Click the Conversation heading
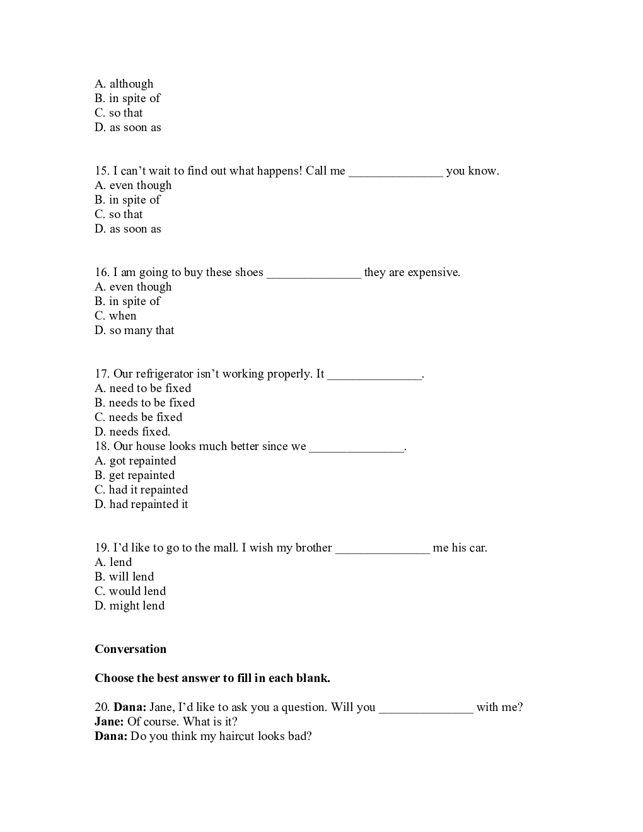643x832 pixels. click(130, 649)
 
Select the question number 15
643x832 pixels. click(101, 171)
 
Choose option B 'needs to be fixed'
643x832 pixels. click(144, 403)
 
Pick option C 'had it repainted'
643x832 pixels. click(141, 490)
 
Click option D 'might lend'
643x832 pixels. click(129, 606)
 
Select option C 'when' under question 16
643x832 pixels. click(115, 316)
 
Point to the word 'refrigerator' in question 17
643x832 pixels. click(164, 374)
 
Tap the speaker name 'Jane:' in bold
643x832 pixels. click(109, 722)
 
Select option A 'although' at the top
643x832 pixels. click(124, 84)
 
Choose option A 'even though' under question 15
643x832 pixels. click(133, 185)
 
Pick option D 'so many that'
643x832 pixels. click(134, 330)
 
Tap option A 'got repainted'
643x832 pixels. click(135, 461)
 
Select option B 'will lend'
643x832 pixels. click(124, 577)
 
